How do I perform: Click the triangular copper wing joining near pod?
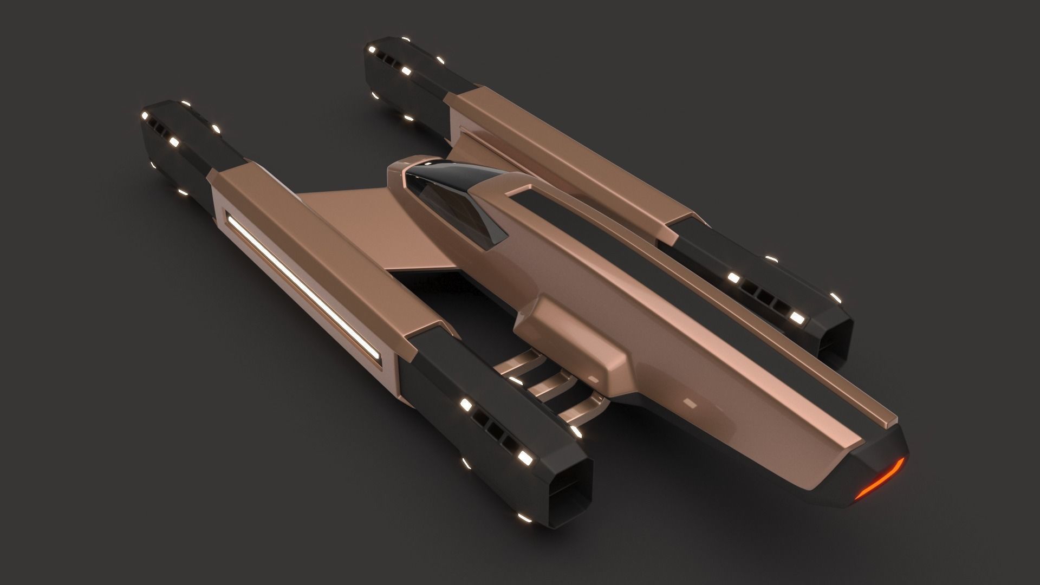click(368, 227)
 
